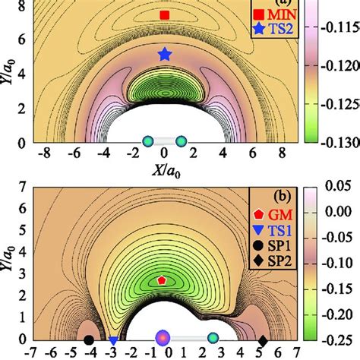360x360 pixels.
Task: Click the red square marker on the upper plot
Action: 165,15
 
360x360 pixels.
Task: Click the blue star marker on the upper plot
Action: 165,54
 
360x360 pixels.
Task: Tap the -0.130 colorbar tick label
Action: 340,142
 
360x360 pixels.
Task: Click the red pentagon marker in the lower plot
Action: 162,280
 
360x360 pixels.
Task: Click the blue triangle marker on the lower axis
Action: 113,342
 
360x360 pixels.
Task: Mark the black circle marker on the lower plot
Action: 89,340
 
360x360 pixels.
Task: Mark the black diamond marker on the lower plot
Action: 264,340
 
